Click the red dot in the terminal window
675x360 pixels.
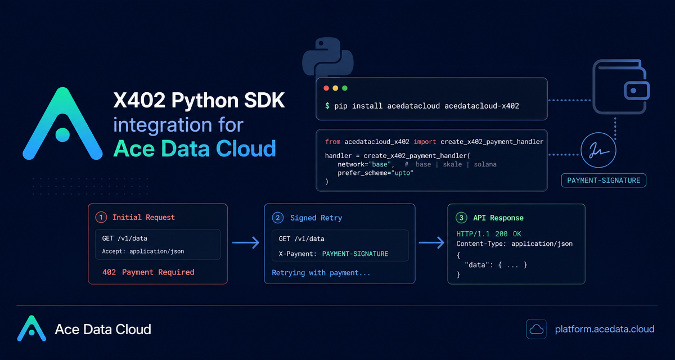click(x=326, y=88)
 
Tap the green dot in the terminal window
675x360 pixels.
click(x=345, y=88)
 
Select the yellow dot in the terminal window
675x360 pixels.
click(x=335, y=88)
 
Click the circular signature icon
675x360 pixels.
click(x=598, y=150)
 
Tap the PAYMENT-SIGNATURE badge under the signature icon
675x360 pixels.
click(x=604, y=181)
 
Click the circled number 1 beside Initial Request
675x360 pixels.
click(x=101, y=217)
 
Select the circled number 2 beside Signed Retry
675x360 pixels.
click(x=277, y=218)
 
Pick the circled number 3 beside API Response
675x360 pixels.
click(x=461, y=218)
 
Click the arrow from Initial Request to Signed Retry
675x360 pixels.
click(x=246, y=242)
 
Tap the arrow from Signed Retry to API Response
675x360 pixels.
click(x=431, y=242)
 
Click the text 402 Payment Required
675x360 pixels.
click(x=148, y=272)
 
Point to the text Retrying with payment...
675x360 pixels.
click(x=321, y=273)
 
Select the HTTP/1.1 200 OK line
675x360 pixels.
click(x=488, y=234)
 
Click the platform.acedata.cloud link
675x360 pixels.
click(x=605, y=329)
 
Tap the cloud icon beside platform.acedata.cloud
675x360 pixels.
click(x=537, y=329)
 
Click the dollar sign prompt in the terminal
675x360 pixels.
click(x=327, y=106)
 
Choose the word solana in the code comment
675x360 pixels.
click(x=485, y=164)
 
